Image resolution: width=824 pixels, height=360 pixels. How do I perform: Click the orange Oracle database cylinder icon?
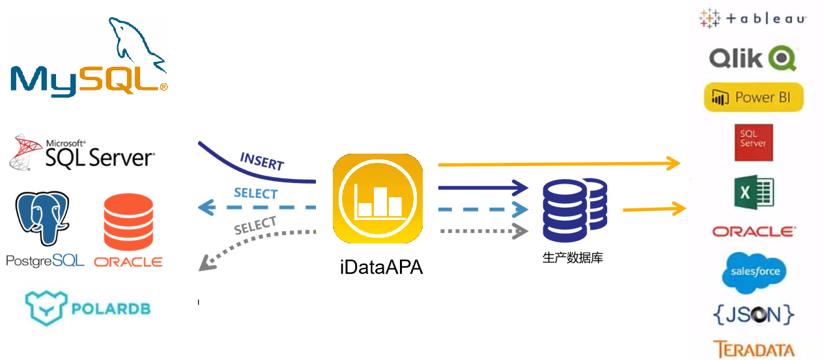pyautogui.click(x=128, y=221)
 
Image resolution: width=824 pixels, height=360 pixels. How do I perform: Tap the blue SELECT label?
pyautogui.click(x=255, y=193)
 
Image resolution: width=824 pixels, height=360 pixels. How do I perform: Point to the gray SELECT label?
pyautogui.click(x=255, y=227)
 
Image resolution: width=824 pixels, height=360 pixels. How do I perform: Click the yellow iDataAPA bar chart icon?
pyautogui.click(x=377, y=199)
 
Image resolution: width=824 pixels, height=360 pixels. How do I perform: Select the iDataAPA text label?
pyautogui.click(x=381, y=266)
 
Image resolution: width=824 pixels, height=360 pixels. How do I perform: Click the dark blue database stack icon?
pyautogui.click(x=575, y=210)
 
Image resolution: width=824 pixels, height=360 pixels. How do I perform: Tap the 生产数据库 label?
pyautogui.click(x=573, y=258)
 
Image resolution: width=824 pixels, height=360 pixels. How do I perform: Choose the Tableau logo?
pyautogui.click(x=752, y=19)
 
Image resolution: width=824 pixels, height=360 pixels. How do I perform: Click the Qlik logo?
pyautogui.click(x=752, y=59)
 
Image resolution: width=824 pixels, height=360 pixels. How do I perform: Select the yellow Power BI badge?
pyautogui.click(x=754, y=98)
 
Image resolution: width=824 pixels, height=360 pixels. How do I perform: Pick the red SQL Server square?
pyautogui.click(x=753, y=143)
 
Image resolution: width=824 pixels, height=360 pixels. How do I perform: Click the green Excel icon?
pyautogui.click(x=754, y=193)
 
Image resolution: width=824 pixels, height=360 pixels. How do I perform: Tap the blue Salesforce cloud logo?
pyautogui.click(x=754, y=271)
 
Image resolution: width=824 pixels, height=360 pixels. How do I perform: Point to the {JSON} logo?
pyautogui.click(x=754, y=314)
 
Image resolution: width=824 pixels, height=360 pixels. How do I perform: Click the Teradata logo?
pyautogui.click(x=754, y=350)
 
